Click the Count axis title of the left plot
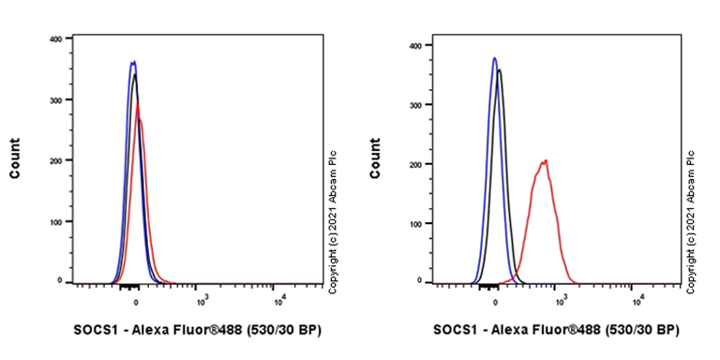pos(16,160)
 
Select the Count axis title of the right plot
pos(376,160)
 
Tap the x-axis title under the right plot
pos(556,330)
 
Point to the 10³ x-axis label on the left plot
pos(202,301)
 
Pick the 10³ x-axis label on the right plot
pos(562,301)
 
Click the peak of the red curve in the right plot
pos(544,161)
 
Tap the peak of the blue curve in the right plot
pos(494,58)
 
